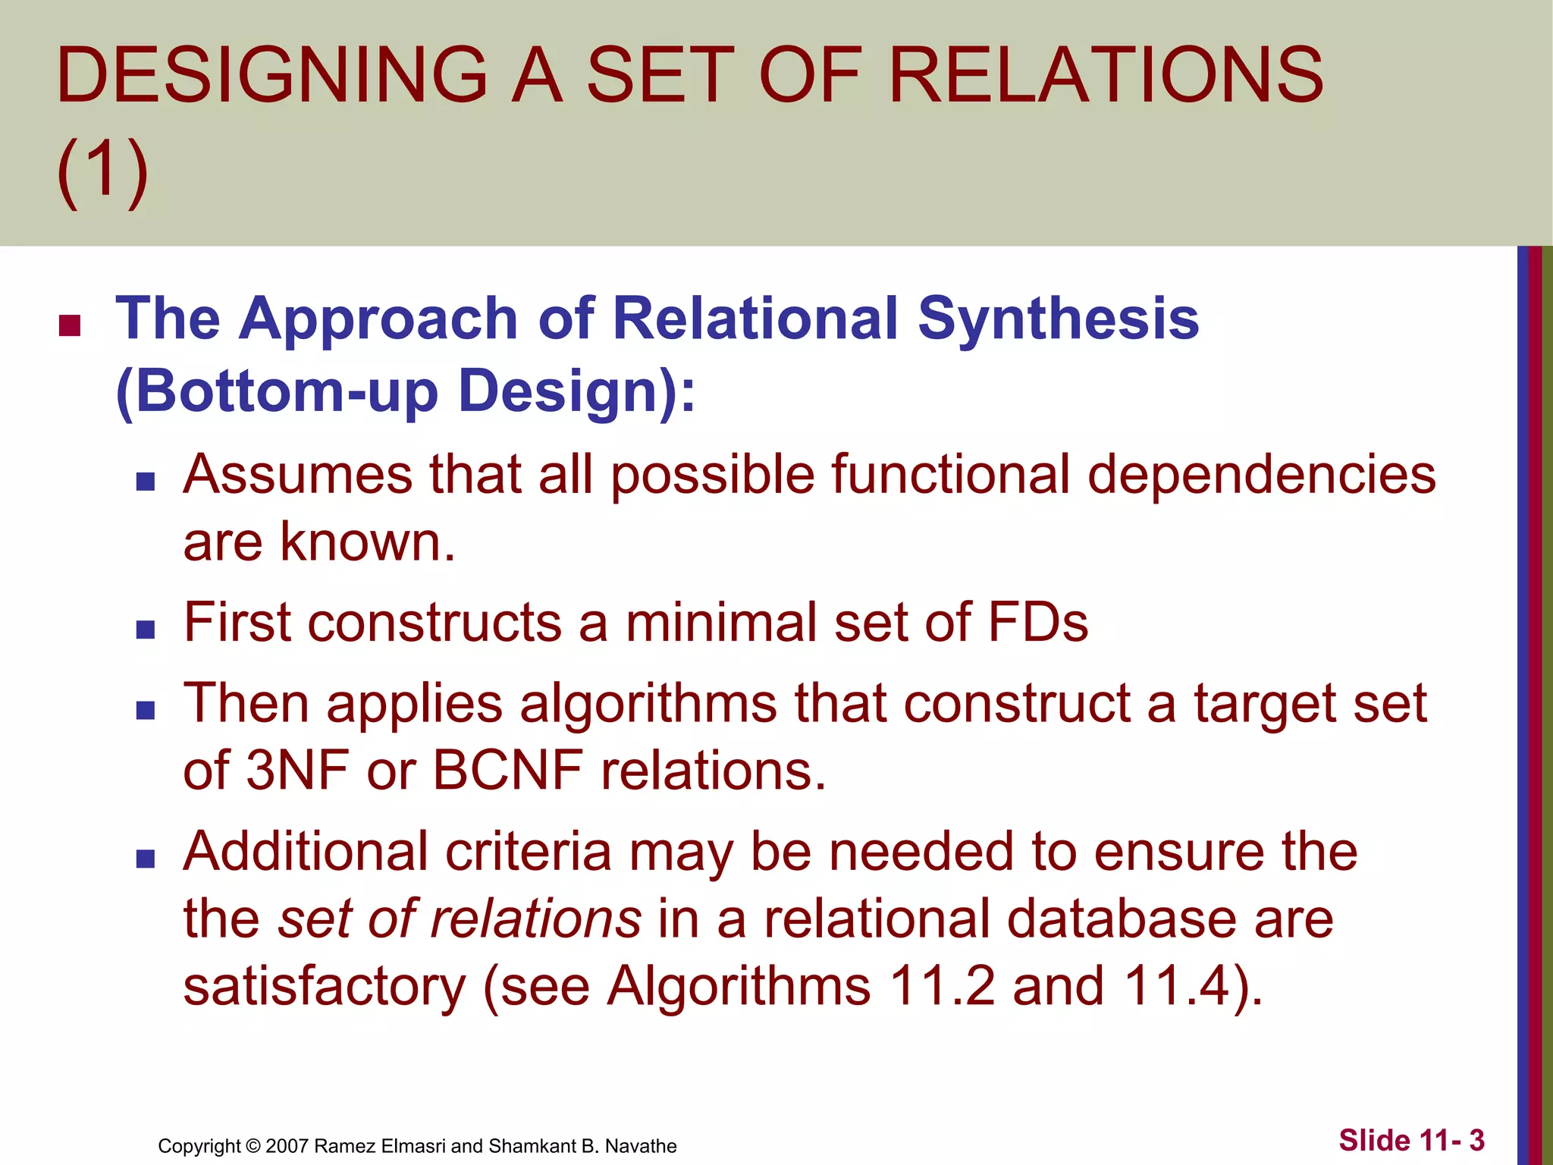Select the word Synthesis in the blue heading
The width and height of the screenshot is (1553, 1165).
tap(1058, 319)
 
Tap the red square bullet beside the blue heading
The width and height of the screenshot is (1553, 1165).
tap(70, 325)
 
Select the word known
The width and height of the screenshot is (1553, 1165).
tap(368, 542)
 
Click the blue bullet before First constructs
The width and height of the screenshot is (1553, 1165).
tap(146, 629)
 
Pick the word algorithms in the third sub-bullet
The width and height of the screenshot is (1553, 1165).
tap(649, 704)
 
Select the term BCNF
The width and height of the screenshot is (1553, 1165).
tap(507, 771)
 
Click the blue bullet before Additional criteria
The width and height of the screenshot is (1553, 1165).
tap(146, 859)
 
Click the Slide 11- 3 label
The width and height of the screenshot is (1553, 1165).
tap(1411, 1141)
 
